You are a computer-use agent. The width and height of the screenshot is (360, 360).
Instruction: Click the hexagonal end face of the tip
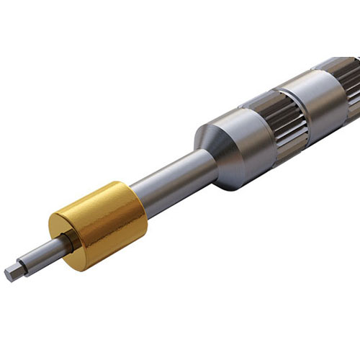click(11, 273)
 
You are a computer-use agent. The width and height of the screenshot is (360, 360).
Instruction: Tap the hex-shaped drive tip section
click(18, 269)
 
